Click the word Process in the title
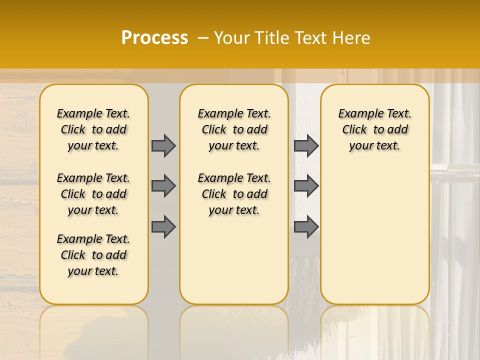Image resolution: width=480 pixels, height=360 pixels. [154, 38]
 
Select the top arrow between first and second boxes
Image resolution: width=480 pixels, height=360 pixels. [163, 145]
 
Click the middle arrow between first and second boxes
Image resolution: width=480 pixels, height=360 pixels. [163, 186]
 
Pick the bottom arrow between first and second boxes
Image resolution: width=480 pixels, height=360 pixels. [163, 226]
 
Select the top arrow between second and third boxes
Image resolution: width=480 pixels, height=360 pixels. [306, 145]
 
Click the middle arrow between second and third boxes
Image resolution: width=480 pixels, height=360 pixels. [306, 186]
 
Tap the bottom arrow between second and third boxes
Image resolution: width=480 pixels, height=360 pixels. [306, 226]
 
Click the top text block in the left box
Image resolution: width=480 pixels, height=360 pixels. [93, 129]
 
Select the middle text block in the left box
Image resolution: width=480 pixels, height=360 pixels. [93, 194]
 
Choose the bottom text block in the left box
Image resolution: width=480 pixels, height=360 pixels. [93, 255]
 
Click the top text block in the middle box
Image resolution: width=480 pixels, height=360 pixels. [234, 129]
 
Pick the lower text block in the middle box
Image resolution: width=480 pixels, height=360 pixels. [234, 194]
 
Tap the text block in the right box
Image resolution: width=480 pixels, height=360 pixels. [375, 129]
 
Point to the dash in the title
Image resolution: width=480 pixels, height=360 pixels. [202, 38]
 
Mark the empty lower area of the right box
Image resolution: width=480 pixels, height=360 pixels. [375, 235]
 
